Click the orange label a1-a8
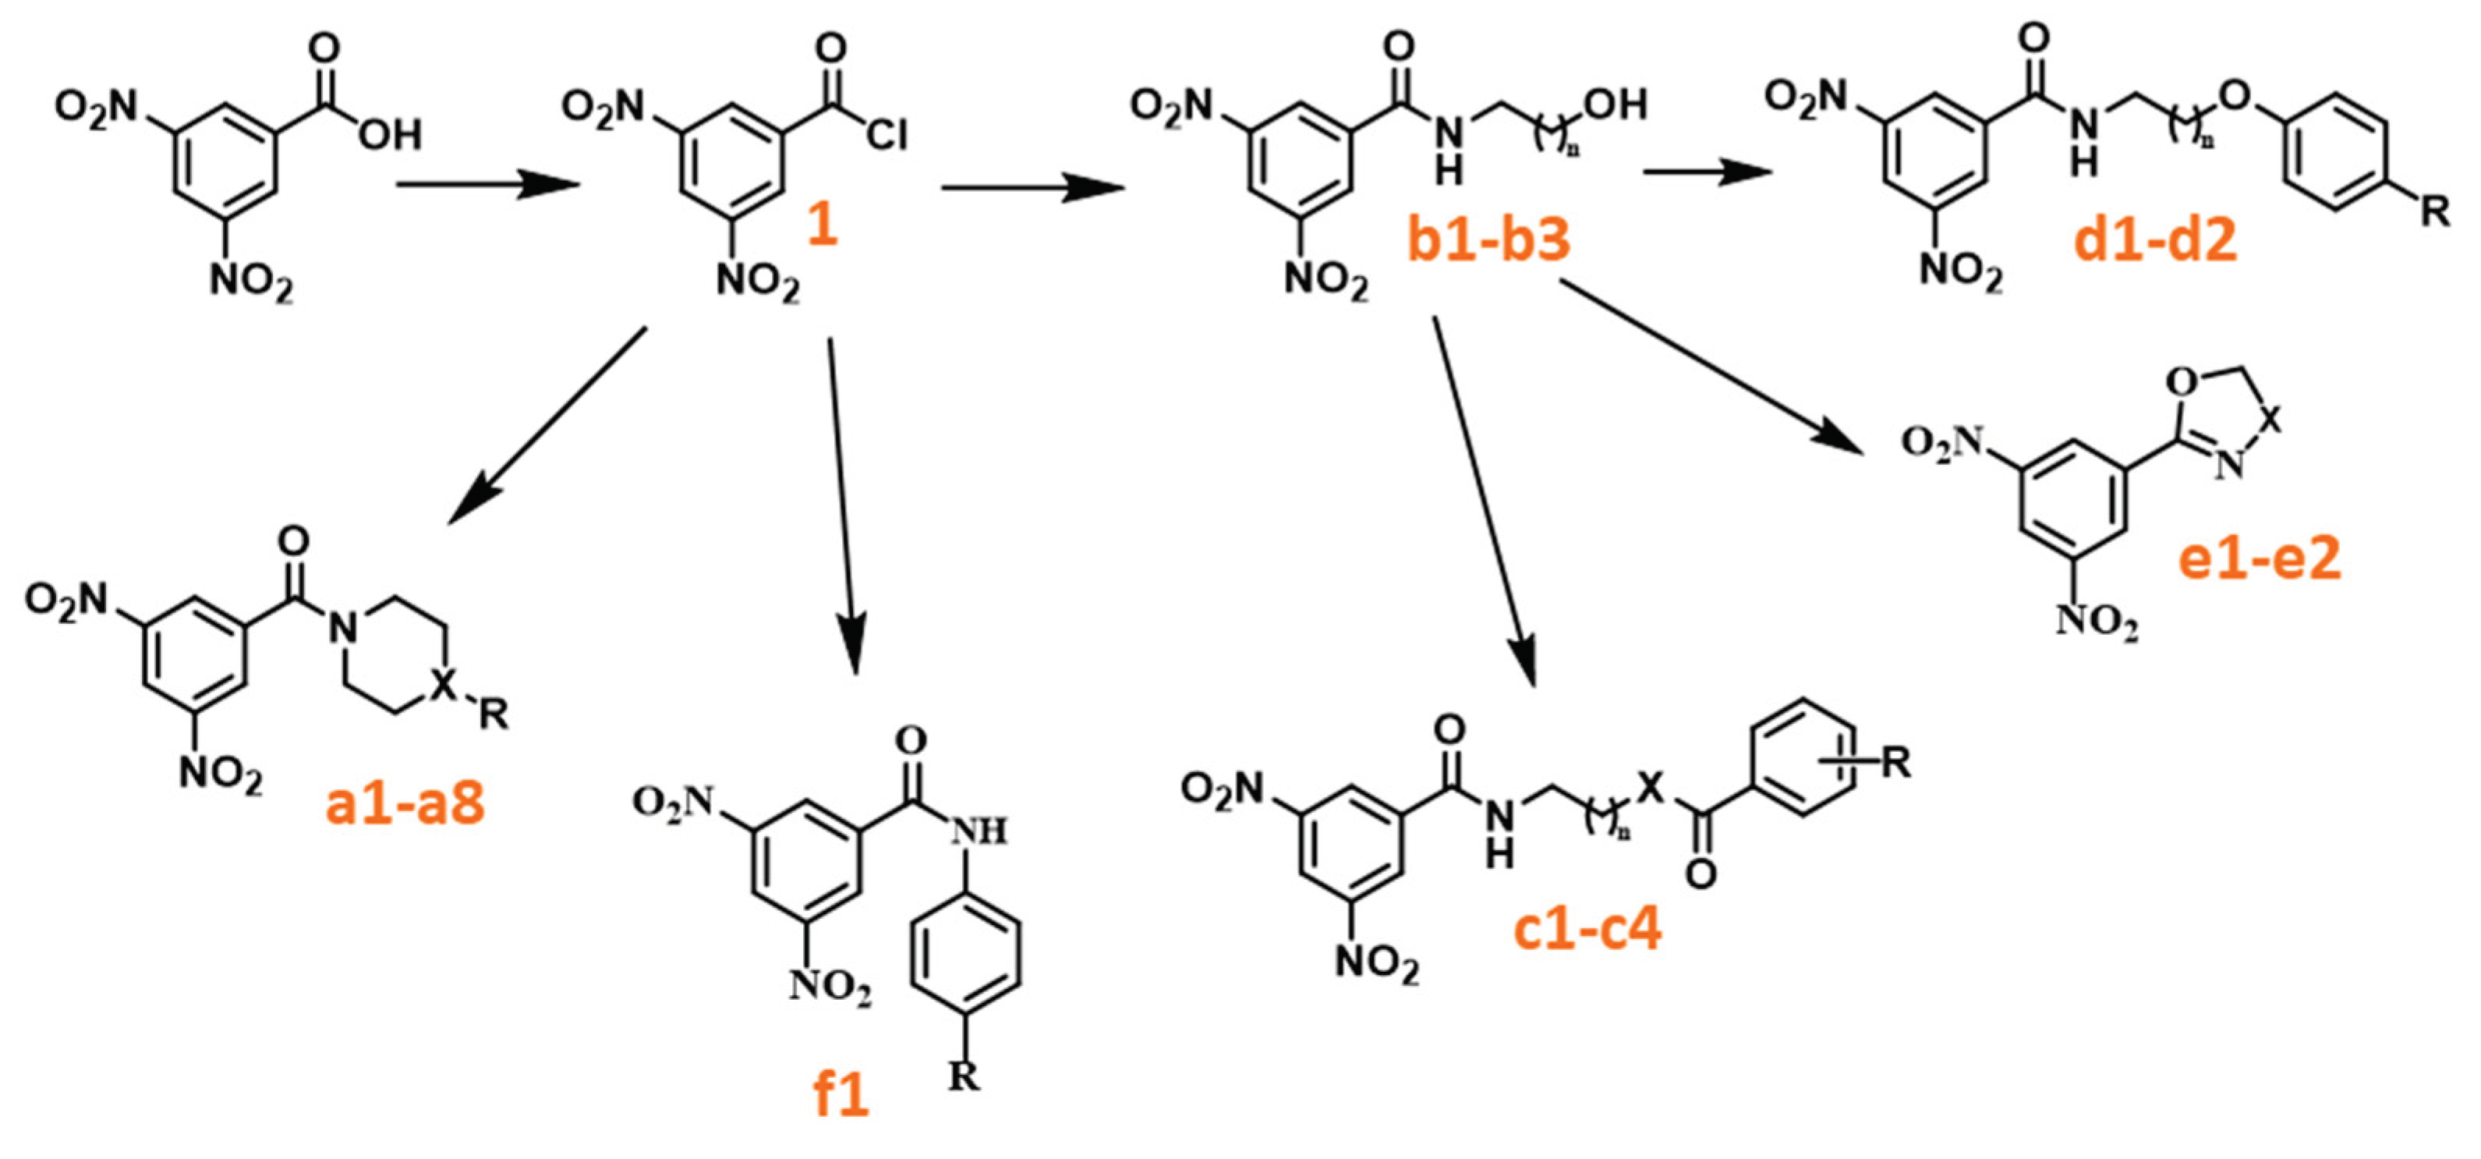coord(405,803)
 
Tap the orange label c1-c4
coord(1587,930)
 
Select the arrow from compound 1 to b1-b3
coord(1032,188)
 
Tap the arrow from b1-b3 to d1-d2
coord(1707,173)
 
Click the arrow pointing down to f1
coord(843,501)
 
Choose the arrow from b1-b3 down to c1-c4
coord(1483,501)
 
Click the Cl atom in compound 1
coord(885,135)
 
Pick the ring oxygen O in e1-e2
coord(2182,384)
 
